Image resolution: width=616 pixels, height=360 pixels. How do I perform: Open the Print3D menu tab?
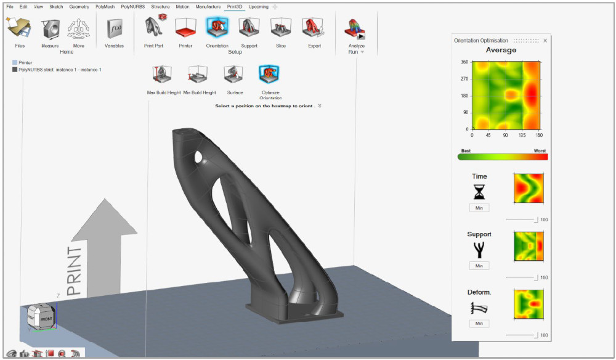tap(233, 6)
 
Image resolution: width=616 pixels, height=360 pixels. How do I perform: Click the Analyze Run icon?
tap(356, 29)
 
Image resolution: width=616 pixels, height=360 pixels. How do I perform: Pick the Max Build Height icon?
tap(164, 75)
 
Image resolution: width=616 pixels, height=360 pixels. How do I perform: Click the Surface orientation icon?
tap(235, 75)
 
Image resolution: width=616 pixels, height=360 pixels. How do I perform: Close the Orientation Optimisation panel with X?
tap(545, 41)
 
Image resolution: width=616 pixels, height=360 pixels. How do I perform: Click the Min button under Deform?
tap(479, 323)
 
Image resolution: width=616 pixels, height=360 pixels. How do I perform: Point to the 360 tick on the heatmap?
tap(464, 62)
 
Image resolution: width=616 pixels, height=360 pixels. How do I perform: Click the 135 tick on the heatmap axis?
tap(523, 134)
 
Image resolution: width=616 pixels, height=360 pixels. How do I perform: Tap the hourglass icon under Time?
tap(479, 192)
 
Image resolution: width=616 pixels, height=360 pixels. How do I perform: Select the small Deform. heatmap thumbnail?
tap(529, 305)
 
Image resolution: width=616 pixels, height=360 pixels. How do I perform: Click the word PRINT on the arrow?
tap(74, 271)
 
